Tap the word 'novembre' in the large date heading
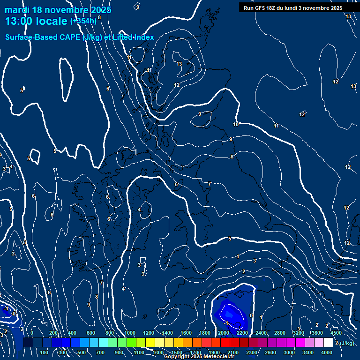pyautogui.click(x=66, y=10)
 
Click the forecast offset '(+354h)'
pyautogui.click(x=83, y=21)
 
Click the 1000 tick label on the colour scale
pyautogui.click(x=130, y=333)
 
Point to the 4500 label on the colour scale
pyautogui.click(x=336, y=333)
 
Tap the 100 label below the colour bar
pyautogui.click(x=44, y=352)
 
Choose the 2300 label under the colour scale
pyautogui.click(x=251, y=352)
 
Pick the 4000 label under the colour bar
pyautogui.click(x=327, y=352)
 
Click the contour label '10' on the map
pyautogui.click(x=236, y=124)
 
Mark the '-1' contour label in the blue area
pyautogui.click(x=226, y=323)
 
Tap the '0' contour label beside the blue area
pyautogui.click(x=251, y=316)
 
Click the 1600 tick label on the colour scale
pyautogui.click(x=186, y=333)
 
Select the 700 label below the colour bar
pyautogui.click(x=100, y=352)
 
